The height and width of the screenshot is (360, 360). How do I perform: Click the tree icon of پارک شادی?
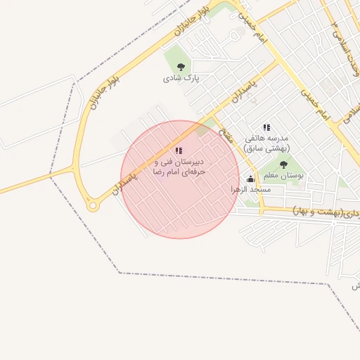click(181, 67)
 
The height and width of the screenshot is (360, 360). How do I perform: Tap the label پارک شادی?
click(181, 78)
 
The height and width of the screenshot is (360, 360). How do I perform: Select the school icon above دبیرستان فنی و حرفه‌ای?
click(179, 150)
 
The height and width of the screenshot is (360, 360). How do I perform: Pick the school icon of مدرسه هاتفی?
click(266, 127)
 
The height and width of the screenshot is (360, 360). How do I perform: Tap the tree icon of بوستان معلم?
click(283, 165)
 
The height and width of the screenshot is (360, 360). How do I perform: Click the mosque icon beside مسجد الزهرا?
click(251, 179)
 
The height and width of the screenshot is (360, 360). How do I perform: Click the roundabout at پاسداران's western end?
click(92, 205)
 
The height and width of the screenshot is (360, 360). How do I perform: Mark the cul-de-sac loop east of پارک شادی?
click(234, 34)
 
